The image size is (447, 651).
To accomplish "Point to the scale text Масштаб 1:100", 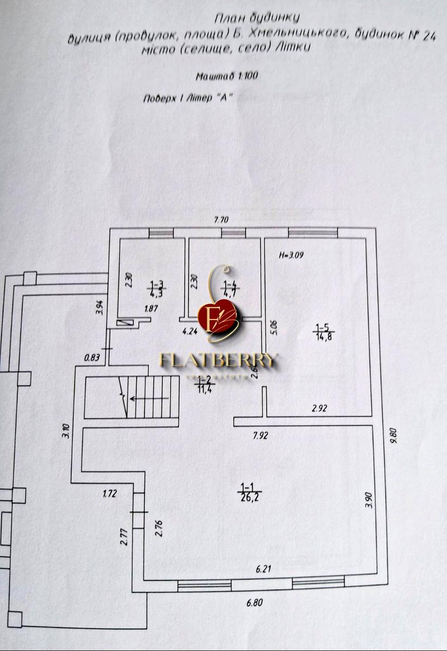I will point(227,76).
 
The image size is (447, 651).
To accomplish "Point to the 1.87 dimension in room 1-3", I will point(151,309).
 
